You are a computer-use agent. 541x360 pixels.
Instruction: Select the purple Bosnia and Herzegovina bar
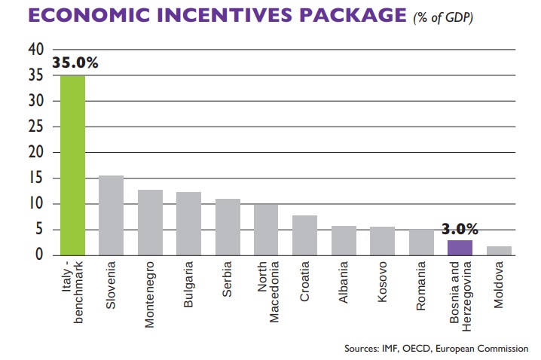click(460, 247)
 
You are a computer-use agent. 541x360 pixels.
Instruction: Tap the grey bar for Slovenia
click(111, 215)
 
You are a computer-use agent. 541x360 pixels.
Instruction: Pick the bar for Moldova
click(498, 251)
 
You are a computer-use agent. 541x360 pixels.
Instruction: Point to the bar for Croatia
click(304, 235)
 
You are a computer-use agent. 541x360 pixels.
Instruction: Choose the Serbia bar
click(228, 227)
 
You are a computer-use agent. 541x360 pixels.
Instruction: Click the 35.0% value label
click(75, 63)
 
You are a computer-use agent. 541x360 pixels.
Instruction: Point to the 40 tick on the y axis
click(36, 50)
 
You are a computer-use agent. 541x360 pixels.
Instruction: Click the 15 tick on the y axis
click(36, 178)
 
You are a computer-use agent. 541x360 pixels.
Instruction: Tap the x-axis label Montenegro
click(150, 293)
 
